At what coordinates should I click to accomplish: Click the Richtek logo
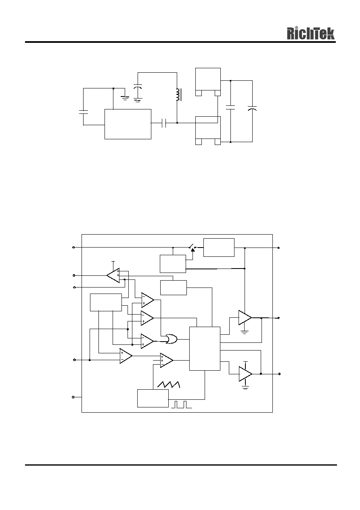pos(311,34)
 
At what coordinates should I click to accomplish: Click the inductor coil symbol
pos(178,95)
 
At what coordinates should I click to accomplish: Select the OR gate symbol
pos(172,339)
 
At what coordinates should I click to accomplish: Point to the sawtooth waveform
pos(169,384)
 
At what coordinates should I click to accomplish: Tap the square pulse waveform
pos(181,404)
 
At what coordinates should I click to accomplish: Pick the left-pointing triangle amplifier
pos(113,275)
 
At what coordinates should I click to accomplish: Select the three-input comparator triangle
pos(166,361)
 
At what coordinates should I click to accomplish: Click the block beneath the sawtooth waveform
pos(153,399)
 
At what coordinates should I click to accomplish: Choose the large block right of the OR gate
pos(205,348)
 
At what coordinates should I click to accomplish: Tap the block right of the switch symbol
pos(219,248)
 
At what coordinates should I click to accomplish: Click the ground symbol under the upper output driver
pos(245,332)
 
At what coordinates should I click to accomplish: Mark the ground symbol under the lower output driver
pos(245,388)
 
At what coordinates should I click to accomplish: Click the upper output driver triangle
pos(245,317)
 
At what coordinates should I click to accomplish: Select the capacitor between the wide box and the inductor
pos(164,123)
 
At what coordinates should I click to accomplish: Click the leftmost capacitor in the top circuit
pos(83,112)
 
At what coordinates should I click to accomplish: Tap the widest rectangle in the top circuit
pos(128,124)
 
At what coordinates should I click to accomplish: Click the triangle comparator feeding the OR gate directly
pos(147,341)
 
